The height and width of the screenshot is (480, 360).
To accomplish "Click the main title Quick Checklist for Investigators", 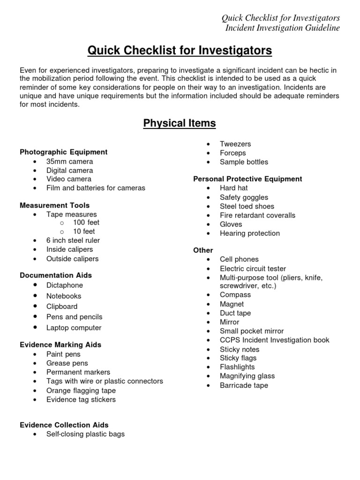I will (x=180, y=50).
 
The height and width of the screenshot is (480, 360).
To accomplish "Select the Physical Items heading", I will (x=180, y=123).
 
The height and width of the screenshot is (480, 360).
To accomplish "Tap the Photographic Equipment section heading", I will (x=64, y=152).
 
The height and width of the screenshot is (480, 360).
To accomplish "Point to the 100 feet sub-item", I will (x=86, y=223).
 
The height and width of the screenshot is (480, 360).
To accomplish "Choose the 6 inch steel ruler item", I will (x=73, y=240).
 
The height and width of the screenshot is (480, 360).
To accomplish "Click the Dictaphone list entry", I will (x=65, y=285).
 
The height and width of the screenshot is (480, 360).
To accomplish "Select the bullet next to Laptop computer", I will (x=36, y=327).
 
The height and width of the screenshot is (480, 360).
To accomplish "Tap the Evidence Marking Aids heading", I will (x=60, y=345).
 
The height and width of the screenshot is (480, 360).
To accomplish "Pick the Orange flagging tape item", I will (x=81, y=390).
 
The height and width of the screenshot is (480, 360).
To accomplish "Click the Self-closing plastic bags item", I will (x=85, y=434).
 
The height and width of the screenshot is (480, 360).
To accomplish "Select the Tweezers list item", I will (x=235, y=144).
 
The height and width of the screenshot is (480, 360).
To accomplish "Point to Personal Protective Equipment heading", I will (x=247, y=179).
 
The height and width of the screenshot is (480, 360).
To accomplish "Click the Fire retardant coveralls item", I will (x=257, y=215).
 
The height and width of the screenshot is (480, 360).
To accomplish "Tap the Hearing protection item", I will (x=249, y=233).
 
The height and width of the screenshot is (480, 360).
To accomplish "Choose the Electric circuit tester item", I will (x=253, y=269).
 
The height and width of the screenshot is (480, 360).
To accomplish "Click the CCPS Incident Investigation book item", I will (x=274, y=340).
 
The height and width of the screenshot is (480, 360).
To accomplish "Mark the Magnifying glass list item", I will (x=247, y=376).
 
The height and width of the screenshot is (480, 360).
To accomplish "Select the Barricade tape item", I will (x=244, y=385).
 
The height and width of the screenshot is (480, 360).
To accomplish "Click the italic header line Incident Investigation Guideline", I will (x=283, y=28).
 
